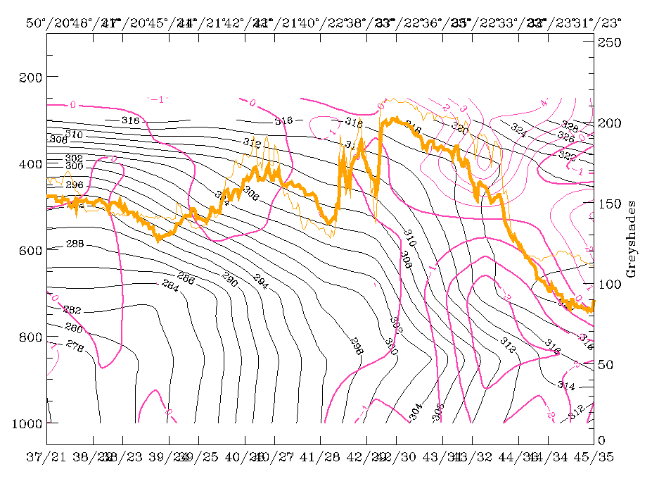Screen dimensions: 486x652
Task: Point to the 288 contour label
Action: click(x=74, y=244)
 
